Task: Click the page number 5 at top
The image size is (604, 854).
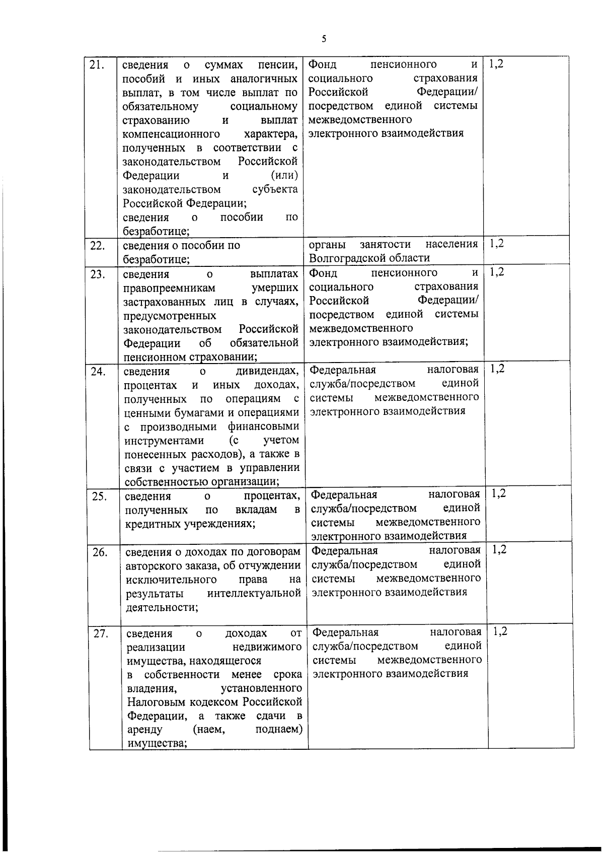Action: pyautogui.click(x=324, y=39)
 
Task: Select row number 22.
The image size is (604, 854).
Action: pyautogui.click(x=97, y=246)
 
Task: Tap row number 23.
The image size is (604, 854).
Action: pyautogui.click(x=97, y=274)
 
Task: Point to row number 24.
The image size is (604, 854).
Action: pyautogui.click(x=98, y=372)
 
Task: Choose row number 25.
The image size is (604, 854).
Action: pyautogui.click(x=99, y=496)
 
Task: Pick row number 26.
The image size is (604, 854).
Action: pyautogui.click(x=100, y=552)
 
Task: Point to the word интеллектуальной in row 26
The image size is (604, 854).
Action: pyautogui.click(x=254, y=594)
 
